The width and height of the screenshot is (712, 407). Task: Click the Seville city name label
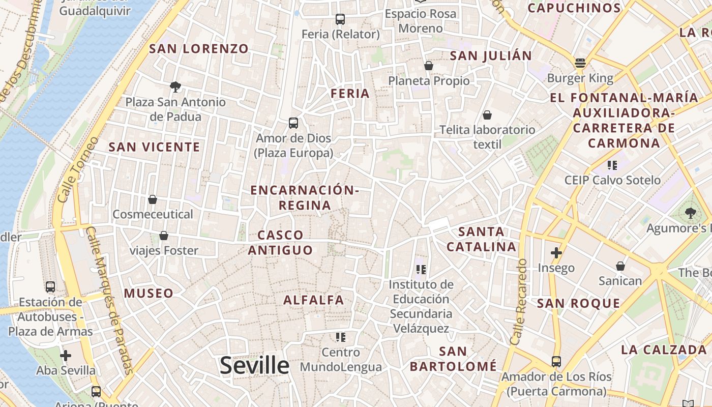tap(254, 365)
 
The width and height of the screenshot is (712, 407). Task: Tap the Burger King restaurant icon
tap(580, 63)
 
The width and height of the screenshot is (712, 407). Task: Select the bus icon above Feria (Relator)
tap(340, 19)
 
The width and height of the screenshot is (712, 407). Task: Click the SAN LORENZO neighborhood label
tap(199, 49)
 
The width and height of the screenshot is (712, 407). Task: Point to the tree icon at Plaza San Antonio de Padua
tap(175, 87)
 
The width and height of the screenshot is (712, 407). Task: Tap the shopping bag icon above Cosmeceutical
tap(153, 199)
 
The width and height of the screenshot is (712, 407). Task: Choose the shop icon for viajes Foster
tap(164, 236)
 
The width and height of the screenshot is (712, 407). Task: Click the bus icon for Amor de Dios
tap(293, 123)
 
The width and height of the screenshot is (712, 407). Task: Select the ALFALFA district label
tap(314, 300)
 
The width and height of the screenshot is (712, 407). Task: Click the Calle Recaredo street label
tap(519, 302)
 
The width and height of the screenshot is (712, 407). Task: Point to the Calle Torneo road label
tap(77, 169)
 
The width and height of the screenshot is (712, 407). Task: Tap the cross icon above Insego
tap(556, 252)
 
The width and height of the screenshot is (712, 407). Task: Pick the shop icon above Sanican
tap(620, 266)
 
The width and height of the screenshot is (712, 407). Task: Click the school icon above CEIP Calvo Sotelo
tap(612, 165)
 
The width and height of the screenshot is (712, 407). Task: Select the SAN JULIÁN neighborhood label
tap(491, 56)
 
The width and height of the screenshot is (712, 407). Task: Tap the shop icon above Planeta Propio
tap(429, 66)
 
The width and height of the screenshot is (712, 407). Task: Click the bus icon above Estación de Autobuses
tap(50, 287)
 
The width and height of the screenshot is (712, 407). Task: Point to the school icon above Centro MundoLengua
tap(341, 337)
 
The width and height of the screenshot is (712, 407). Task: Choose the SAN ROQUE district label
tap(579, 304)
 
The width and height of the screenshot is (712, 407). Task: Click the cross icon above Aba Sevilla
tap(65, 356)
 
